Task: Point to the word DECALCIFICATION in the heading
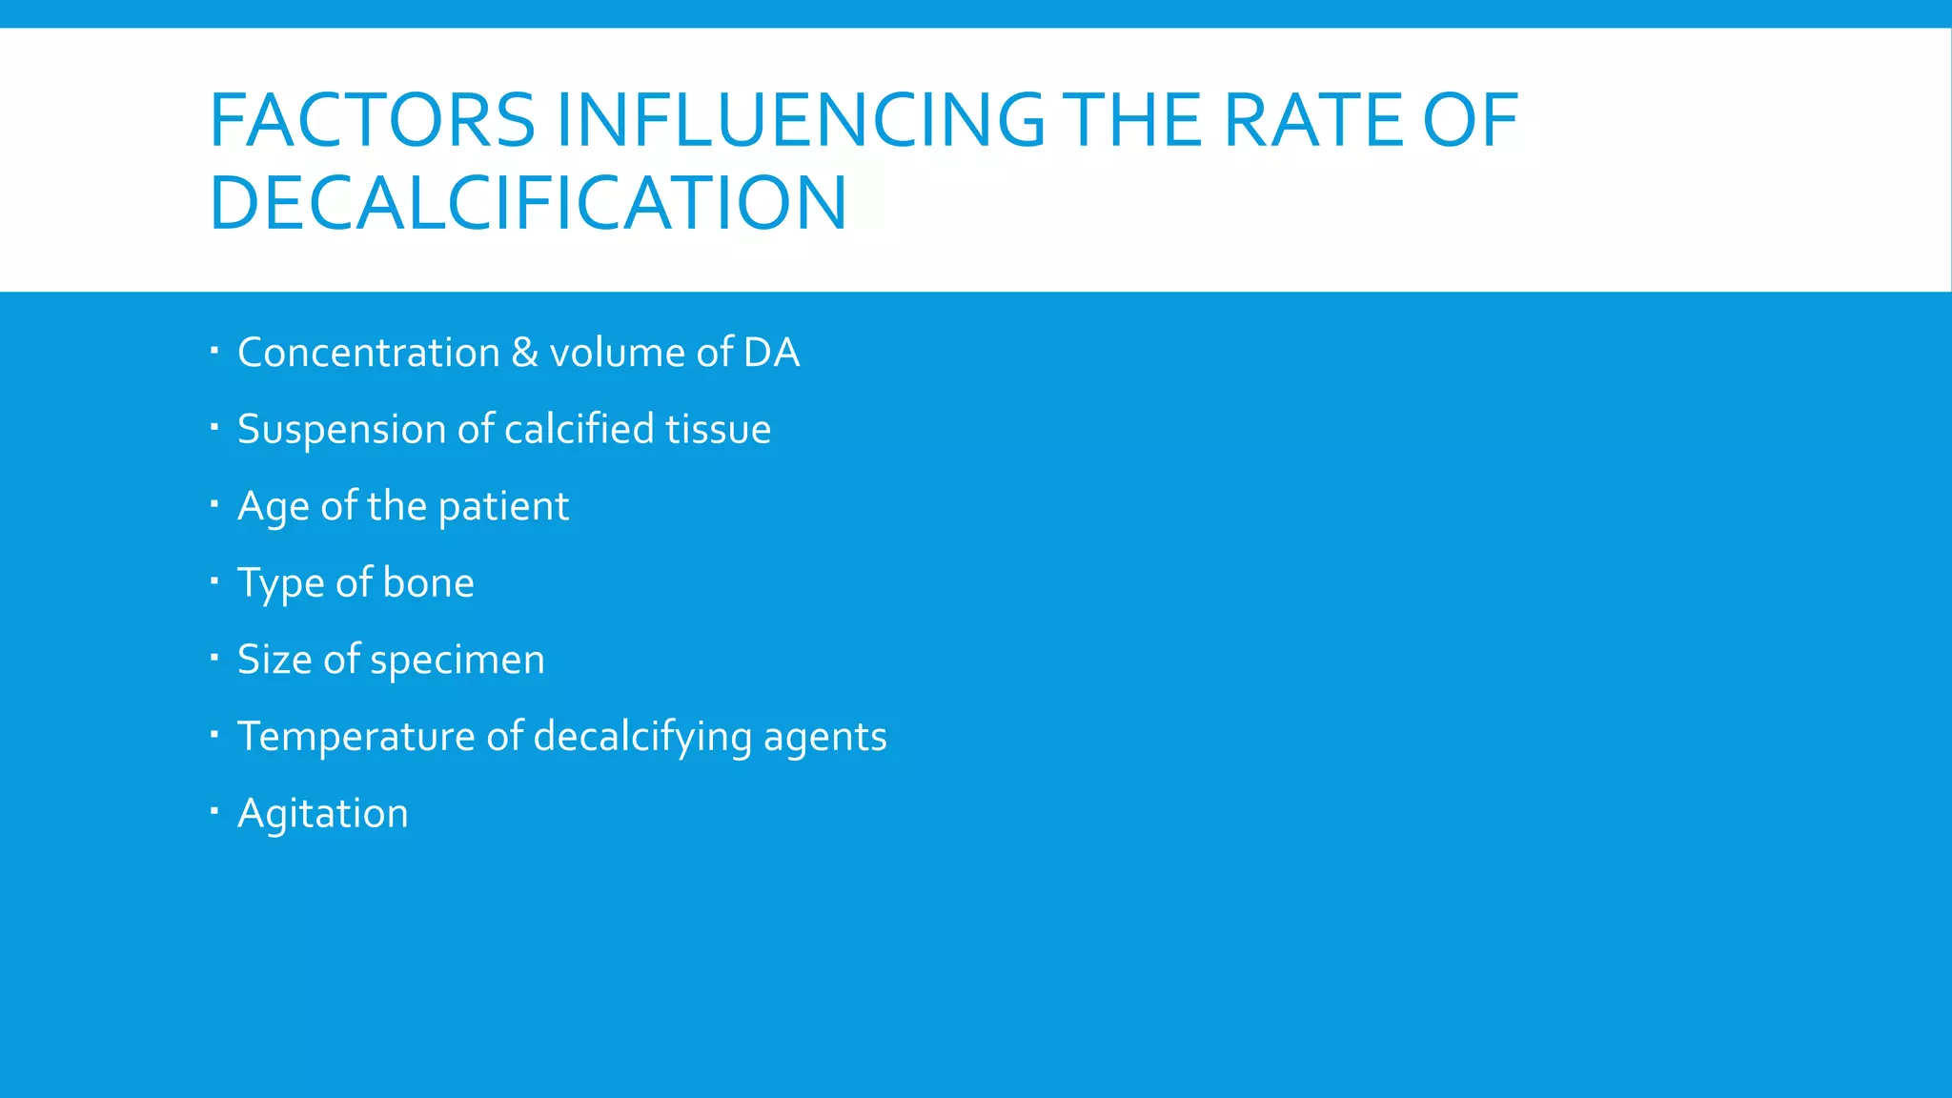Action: [528, 203]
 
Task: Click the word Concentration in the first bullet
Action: [369, 353]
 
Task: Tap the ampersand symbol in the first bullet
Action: [525, 353]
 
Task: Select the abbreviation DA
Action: [771, 353]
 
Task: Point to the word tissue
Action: [718, 430]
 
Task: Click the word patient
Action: [503, 507]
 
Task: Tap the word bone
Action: [428, 583]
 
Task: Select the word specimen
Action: [457, 661]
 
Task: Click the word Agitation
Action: [323, 814]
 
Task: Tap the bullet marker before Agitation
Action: [214, 811]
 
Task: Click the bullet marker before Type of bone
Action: [214, 580]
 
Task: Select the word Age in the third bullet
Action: [273, 507]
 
